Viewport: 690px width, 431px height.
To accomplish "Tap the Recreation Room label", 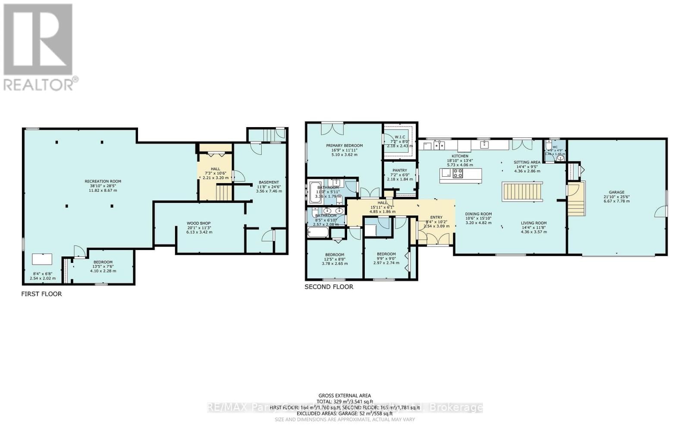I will (103, 181).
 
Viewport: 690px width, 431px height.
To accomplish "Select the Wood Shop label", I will (199, 223).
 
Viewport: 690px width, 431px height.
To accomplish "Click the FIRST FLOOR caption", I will (41, 294).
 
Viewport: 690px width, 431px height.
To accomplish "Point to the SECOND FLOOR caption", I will (329, 287).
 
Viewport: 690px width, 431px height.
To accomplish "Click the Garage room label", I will (617, 193).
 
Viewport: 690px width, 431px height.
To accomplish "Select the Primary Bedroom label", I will (344, 146).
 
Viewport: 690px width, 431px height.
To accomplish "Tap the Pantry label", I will (400, 170).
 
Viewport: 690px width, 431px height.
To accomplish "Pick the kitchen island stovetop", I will (457, 173).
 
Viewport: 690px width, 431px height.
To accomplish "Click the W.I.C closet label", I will (399, 137).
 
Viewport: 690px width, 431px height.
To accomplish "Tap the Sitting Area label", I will (527, 162).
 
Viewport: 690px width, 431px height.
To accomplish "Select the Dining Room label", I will (478, 214).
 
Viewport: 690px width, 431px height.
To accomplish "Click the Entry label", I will (436, 217).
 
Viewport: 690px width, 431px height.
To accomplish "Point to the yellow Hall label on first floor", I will (216, 169).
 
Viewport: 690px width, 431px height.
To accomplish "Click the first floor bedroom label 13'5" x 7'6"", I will (103, 262).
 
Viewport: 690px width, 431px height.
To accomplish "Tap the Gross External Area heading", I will (345, 395).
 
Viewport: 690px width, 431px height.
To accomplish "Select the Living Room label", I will (534, 223).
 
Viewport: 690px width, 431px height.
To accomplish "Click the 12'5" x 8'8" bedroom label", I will (335, 255).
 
